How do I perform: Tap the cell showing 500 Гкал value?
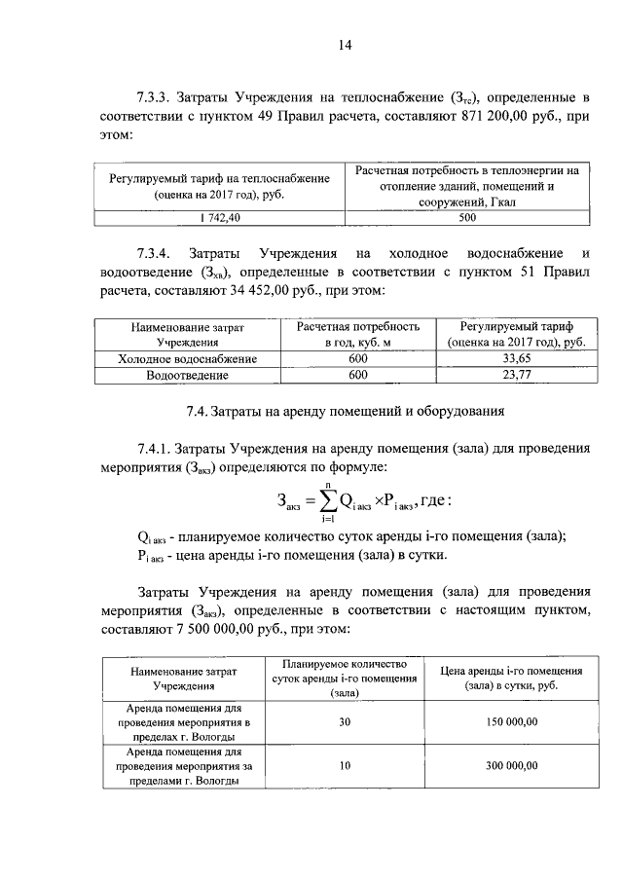point(467,218)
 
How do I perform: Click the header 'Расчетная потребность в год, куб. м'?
point(357,335)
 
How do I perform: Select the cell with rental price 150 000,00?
point(511,723)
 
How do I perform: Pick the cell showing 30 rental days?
point(345,723)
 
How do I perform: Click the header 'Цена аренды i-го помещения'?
point(511,679)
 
